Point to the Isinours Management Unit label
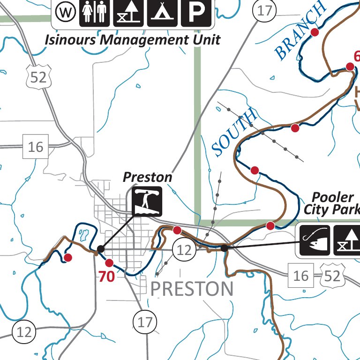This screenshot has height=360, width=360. coord(132,39)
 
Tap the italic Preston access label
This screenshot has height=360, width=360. coord(147,177)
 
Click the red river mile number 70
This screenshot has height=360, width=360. coord(106,277)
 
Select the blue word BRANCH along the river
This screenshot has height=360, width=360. coord(300,30)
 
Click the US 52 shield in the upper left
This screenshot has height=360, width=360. coord(38,77)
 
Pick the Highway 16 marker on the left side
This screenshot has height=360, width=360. coord(35,147)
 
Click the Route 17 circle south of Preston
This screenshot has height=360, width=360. coord(145,322)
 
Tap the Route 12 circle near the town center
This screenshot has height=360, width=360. coord(185,250)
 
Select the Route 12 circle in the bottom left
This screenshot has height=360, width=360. coord(24,332)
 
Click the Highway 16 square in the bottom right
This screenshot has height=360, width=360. coord(301,275)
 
